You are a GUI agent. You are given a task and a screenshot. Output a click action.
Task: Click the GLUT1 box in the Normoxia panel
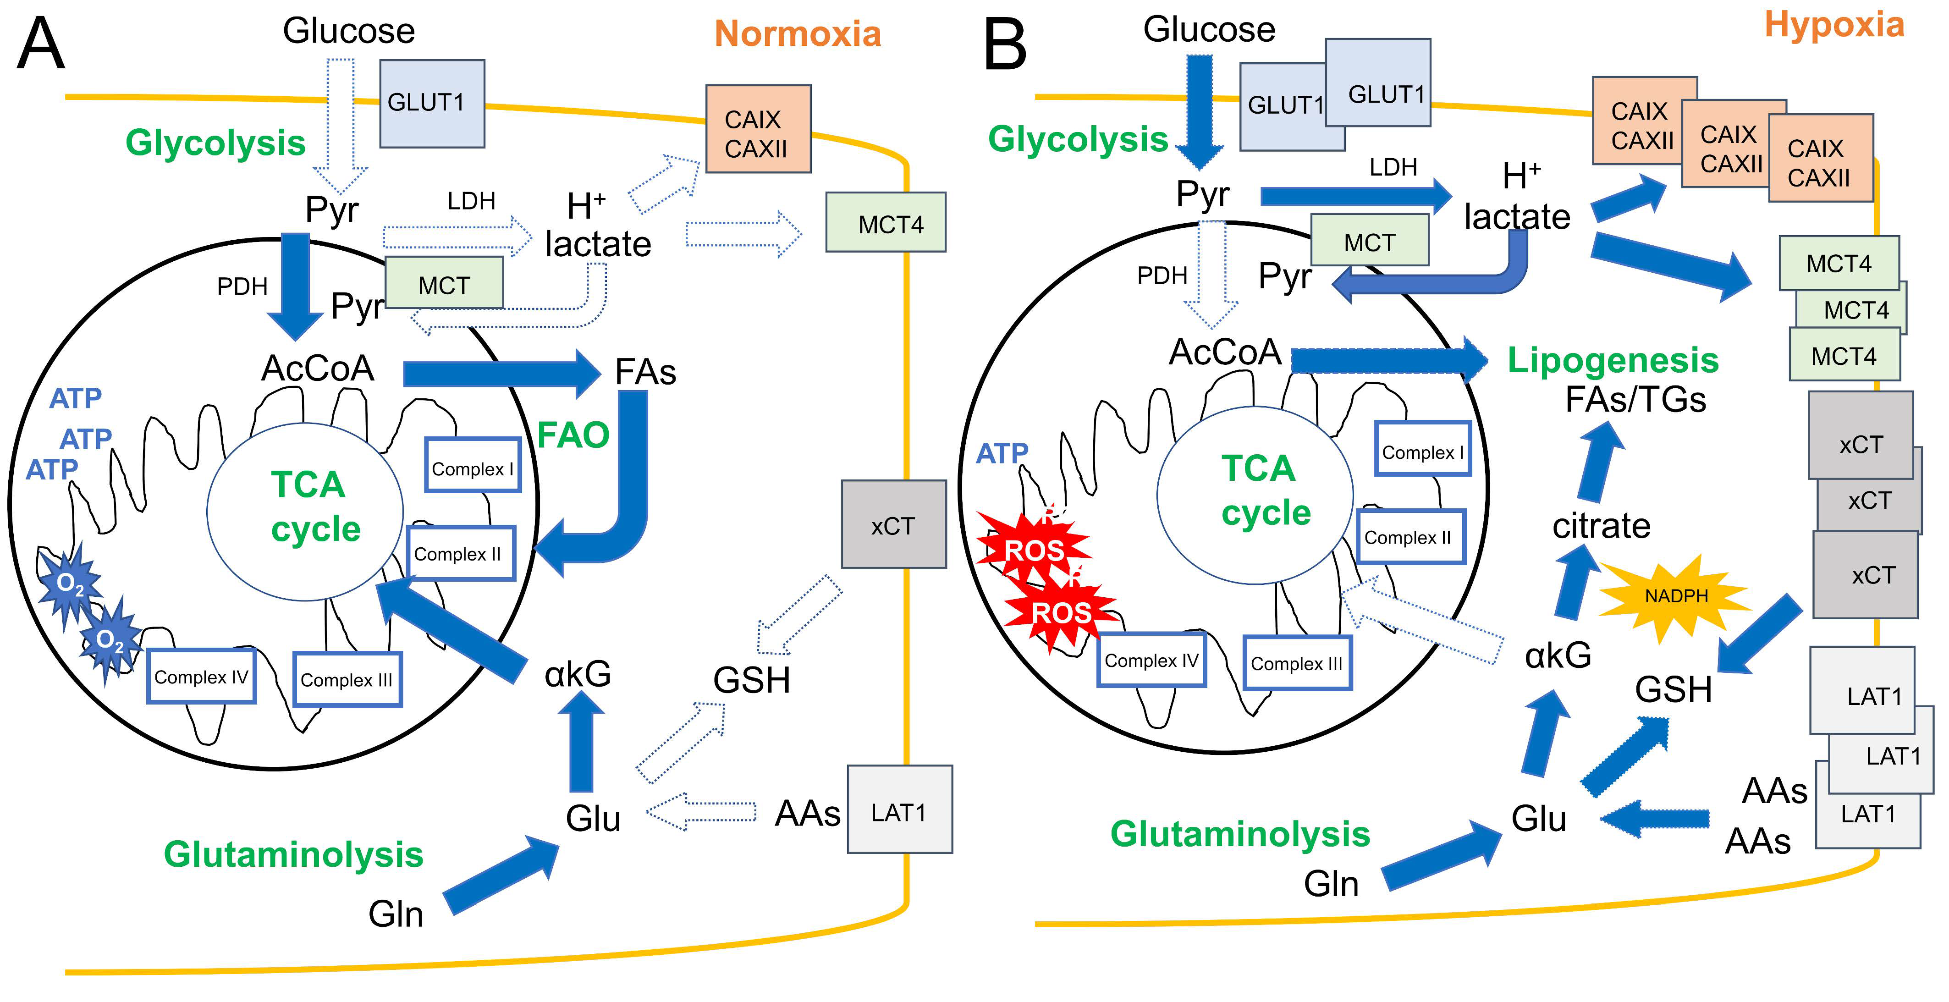point(431,104)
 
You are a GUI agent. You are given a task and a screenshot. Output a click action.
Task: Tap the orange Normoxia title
point(798,34)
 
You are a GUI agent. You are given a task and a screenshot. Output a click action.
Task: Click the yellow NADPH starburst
point(1676,596)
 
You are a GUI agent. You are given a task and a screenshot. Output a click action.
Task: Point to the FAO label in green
point(573,435)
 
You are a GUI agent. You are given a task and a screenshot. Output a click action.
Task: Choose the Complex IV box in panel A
point(201,677)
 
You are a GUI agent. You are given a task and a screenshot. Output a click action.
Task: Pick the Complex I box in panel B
point(1422,452)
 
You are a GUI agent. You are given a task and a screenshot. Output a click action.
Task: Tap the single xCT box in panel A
point(893,524)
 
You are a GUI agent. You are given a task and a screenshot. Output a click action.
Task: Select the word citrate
point(1601,525)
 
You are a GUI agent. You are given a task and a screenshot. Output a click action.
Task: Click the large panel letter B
point(1005,45)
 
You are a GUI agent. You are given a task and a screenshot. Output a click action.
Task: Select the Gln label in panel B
point(1331,884)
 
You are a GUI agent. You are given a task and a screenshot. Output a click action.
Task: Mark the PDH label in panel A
point(242,286)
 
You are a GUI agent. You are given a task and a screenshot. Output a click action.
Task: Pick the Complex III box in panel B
point(1297,663)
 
